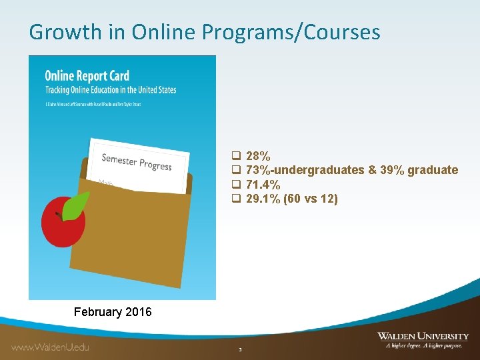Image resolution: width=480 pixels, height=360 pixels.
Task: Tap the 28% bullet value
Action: pyautogui.click(x=258, y=157)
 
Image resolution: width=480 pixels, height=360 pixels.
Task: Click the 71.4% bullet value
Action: pyautogui.click(x=263, y=185)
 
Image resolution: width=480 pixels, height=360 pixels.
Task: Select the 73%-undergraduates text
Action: pyautogui.click(x=305, y=171)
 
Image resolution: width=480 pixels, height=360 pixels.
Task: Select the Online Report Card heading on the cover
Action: pyautogui.click(x=87, y=76)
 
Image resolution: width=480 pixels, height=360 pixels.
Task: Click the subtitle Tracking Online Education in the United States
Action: pyautogui.click(x=110, y=89)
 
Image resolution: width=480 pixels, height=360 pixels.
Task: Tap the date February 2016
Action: pyautogui.click(x=113, y=312)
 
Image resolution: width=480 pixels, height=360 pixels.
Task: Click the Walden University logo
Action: pyautogui.click(x=423, y=337)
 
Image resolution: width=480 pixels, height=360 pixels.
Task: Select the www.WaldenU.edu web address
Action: pyautogui.click(x=50, y=347)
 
